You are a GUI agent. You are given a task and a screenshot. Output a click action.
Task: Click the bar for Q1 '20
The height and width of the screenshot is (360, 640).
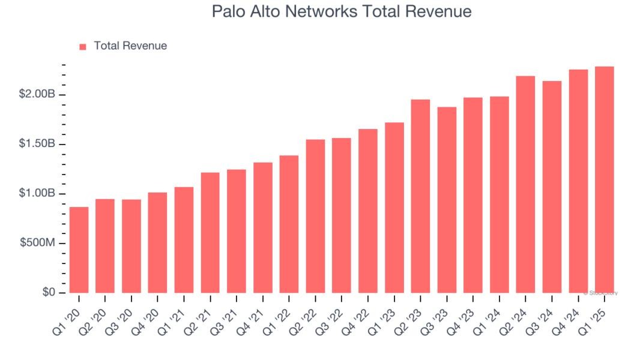pos(79,250)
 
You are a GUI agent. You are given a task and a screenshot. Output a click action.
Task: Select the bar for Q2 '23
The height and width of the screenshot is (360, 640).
pos(421,196)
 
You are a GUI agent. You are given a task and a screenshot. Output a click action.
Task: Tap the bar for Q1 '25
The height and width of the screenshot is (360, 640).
pos(605,179)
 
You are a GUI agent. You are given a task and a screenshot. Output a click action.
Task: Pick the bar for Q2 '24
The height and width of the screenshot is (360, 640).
pos(526,184)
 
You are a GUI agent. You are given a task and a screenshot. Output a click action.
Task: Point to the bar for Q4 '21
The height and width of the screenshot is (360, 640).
pos(263,227)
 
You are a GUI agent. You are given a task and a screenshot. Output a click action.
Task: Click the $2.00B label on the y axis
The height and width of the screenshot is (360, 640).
pos(37,94)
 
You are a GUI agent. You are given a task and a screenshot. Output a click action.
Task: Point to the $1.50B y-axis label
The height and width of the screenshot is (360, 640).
pos(37,144)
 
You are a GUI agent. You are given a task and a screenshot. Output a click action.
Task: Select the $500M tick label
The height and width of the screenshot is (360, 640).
pos(37,243)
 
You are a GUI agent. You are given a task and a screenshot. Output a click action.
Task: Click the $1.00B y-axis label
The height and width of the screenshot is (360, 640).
pos(37,193)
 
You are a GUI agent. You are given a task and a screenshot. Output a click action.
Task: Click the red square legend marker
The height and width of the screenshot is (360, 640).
pos(83,46)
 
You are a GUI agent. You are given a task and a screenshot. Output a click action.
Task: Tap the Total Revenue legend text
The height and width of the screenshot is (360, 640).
pos(130,46)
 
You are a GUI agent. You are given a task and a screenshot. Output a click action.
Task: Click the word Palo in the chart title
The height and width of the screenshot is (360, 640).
pos(227,11)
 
